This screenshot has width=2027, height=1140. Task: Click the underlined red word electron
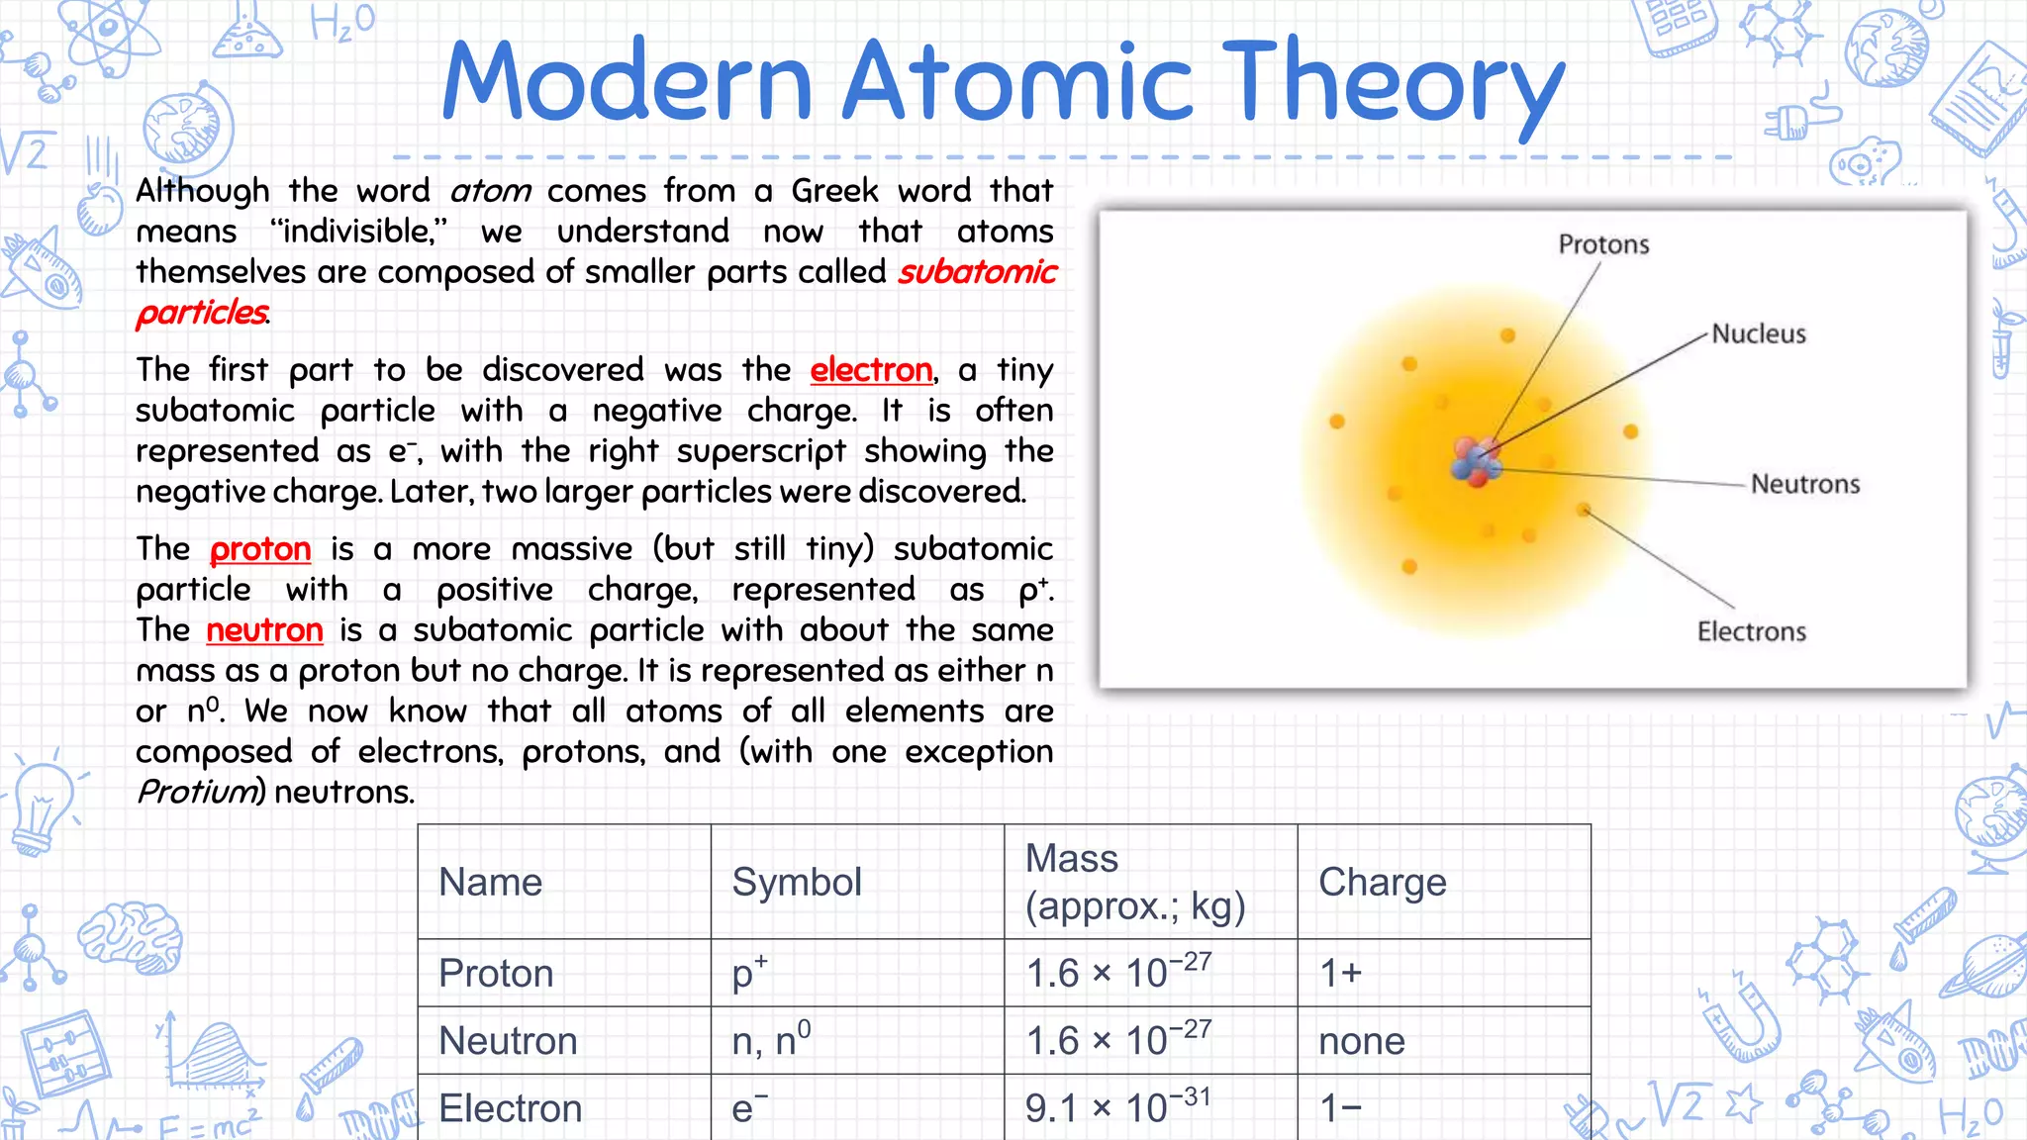pyautogui.click(x=871, y=370)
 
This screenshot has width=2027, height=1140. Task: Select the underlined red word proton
pyautogui.click(x=260, y=549)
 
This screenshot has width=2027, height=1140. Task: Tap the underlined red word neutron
pyautogui.click(x=264, y=630)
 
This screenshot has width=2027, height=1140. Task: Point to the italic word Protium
pyautogui.click(x=197, y=792)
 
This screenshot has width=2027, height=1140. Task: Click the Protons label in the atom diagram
pyautogui.click(x=1603, y=244)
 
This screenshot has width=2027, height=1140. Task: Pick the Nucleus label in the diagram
pyautogui.click(x=1759, y=334)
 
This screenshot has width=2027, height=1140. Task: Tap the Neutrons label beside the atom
pyautogui.click(x=1805, y=484)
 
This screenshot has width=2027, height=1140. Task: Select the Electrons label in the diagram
pyautogui.click(x=1751, y=631)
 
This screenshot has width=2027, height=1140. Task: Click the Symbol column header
pyautogui.click(x=797, y=882)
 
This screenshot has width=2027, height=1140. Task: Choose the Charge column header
pyautogui.click(x=1382, y=882)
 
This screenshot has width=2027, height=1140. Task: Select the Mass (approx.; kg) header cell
pyautogui.click(x=1134, y=882)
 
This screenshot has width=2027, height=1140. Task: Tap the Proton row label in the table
pyautogui.click(x=496, y=974)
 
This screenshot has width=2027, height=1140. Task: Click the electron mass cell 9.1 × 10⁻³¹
pyautogui.click(x=1117, y=1107)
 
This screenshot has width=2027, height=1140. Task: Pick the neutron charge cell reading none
pyautogui.click(x=1362, y=1041)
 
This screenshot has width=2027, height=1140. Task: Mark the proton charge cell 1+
pyautogui.click(x=1341, y=974)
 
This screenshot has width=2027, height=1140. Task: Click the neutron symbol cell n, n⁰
pyautogui.click(x=771, y=1040)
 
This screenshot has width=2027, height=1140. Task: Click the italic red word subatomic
pyautogui.click(x=977, y=272)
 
